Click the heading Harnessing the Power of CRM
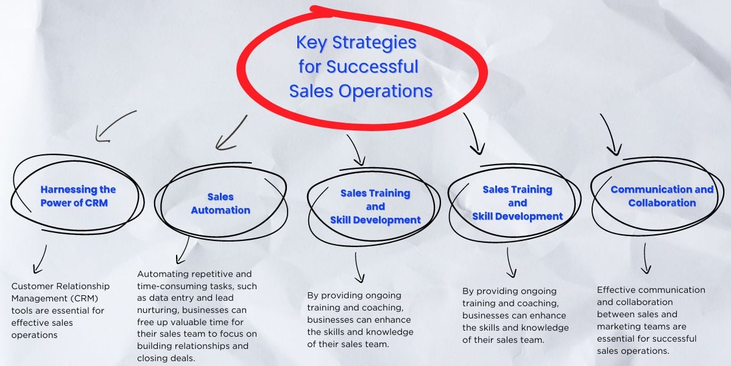(x=77, y=196)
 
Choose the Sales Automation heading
(x=221, y=203)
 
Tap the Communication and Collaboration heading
(x=662, y=196)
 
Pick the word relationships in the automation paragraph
(x=205, y=346)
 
